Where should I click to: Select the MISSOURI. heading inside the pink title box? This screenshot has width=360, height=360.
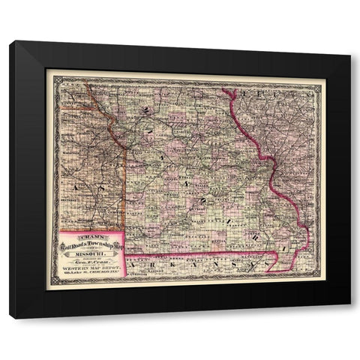pos(91,253)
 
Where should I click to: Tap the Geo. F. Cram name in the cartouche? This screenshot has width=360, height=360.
pos(91,264)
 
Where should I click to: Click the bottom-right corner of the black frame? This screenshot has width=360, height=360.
pos(349,318)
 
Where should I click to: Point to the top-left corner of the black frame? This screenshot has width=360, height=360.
pos(10,42)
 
